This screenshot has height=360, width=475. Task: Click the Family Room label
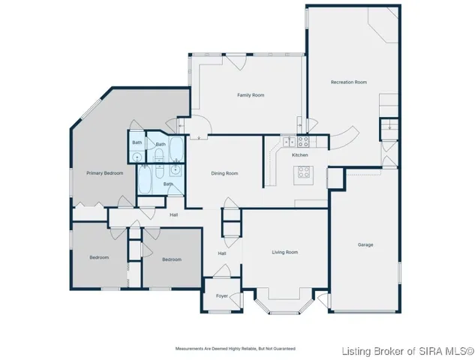[x=251, y=95]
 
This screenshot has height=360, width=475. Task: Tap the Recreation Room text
[x=349, y=82]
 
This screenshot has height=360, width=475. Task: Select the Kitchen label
[x=300, y=154]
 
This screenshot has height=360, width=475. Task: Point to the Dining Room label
[x=224, y=173]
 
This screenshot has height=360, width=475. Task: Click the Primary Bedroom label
[x=104, y=173]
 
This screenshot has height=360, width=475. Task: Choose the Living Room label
[x=284, y=253]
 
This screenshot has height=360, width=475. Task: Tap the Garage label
[x=365, y=244]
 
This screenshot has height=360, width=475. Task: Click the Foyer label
[x=222, y=296]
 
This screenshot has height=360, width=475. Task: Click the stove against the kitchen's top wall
[x=303, y=140]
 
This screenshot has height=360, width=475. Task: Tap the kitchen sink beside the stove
[x=288, y=141]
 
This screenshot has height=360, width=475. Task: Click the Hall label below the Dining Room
[x=222, y=253]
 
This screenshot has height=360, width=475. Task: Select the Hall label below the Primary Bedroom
[x=174, y=214]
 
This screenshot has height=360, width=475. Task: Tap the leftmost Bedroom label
[x=99, y=257]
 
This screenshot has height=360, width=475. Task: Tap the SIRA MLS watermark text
[x=407, y=351]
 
